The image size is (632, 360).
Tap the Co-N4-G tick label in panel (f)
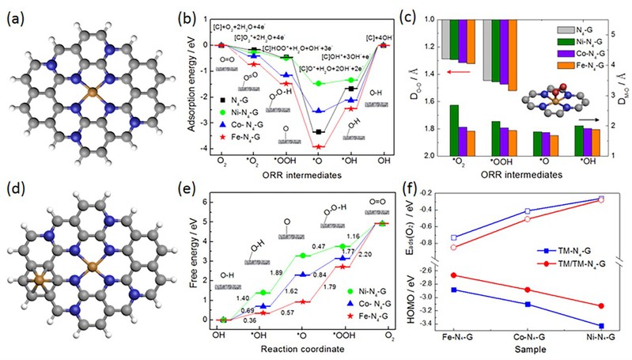tap(527, 336)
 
